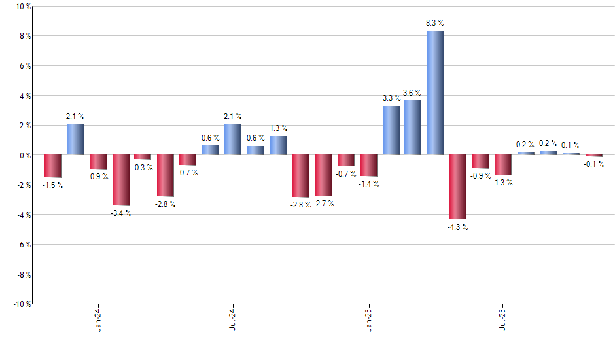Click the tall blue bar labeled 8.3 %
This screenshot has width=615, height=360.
point(436,93)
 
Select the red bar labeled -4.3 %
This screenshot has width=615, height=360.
point(458,187)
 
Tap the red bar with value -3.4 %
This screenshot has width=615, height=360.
point(121,180)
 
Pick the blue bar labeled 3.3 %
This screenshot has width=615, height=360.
point(391,130)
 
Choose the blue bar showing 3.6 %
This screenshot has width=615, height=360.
point(413,128)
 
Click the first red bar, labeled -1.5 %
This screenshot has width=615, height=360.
point(53,166)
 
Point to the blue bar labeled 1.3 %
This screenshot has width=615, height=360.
point(279,145)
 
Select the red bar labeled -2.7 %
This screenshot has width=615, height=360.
point(323,175)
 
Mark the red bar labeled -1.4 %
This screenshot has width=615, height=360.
point(368,166)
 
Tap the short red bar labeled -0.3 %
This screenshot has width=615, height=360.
point(143,157)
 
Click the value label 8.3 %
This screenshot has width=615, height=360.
point(435,23)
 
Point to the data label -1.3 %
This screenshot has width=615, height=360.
point(502,183)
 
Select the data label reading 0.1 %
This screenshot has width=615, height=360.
point(571,145)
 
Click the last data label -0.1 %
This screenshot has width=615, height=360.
point(594,164)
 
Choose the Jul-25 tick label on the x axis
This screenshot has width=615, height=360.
point(502,321)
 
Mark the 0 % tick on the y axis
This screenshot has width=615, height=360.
point(24,155)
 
